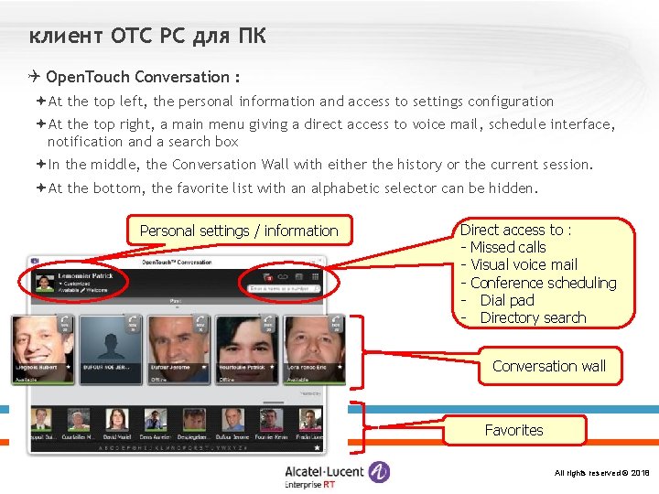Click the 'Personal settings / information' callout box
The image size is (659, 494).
(x=238, y=231)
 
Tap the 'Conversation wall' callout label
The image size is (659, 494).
(x=549, y=366)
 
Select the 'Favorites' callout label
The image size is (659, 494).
(x=513, y=430)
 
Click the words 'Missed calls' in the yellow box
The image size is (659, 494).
(x=508, y=247)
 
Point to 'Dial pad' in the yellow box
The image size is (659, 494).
(x=506, y=300)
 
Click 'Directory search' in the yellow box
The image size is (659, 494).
(x=532, y=317)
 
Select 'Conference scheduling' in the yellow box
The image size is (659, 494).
(x=544, y=283)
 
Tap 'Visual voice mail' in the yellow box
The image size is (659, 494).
(x=524, y=264)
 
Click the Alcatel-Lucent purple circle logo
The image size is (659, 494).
(x=379, y=472)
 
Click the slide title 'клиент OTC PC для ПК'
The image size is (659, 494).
(x=147, y=37)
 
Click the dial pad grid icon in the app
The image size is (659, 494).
(x=315, y=276)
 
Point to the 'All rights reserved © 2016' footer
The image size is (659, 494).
(x=601, y=473)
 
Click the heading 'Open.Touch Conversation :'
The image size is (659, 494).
(x=143, y=77)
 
